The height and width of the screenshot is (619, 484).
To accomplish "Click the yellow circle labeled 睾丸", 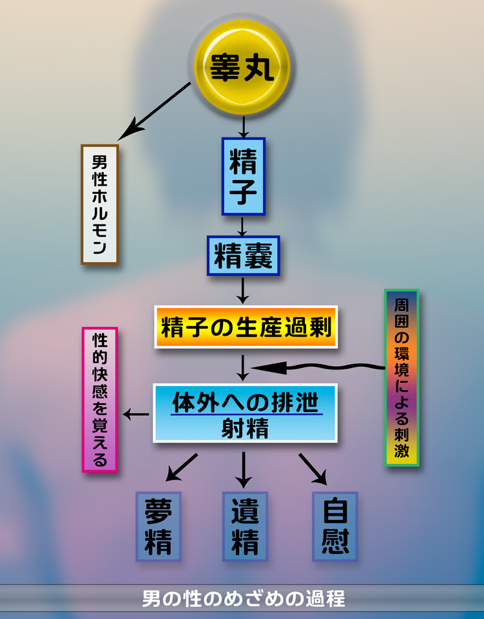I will (x=242, y=67).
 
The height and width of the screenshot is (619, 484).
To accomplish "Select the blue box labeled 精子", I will (x=243, y=175).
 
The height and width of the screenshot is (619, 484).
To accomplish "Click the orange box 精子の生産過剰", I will (x=246, y=328).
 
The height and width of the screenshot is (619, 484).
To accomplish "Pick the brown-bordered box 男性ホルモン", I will (x=99, y=204).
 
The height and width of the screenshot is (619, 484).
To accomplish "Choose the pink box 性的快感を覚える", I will (x=100, y=400).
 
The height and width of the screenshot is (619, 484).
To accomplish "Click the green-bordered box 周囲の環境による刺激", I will (x=402, y=377).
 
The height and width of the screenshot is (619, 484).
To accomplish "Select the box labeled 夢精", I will (x=158, y=526).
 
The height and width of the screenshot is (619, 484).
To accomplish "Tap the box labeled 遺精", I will (x=245, y=526).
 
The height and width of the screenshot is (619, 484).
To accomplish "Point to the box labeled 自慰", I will (x=334, y=526).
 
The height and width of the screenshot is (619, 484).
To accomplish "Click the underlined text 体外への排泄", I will (x=246, y=402).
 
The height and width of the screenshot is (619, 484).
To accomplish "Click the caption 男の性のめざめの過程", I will (x=243, y=598).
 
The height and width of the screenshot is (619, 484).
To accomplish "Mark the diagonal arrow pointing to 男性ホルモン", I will (x=155, y=111).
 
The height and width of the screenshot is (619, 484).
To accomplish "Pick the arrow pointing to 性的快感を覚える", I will (x=136, y=414).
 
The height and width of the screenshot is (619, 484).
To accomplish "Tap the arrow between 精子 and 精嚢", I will (x=242, y=225).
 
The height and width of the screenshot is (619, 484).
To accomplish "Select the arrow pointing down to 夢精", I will (x=181, y=467).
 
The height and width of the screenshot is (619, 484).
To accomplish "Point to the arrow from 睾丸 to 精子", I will (x=242, y=126).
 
